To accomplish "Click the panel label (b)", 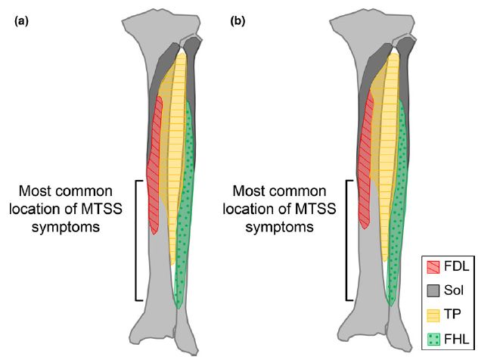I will pyautogui.click(x=238, y=20).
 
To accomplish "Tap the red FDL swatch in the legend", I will pyautogui.click(x=434, y=267).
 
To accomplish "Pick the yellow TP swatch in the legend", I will pyautogui.click(x=434, y=315).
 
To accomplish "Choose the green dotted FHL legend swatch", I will pyautogui.click(x=434, y=340).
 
